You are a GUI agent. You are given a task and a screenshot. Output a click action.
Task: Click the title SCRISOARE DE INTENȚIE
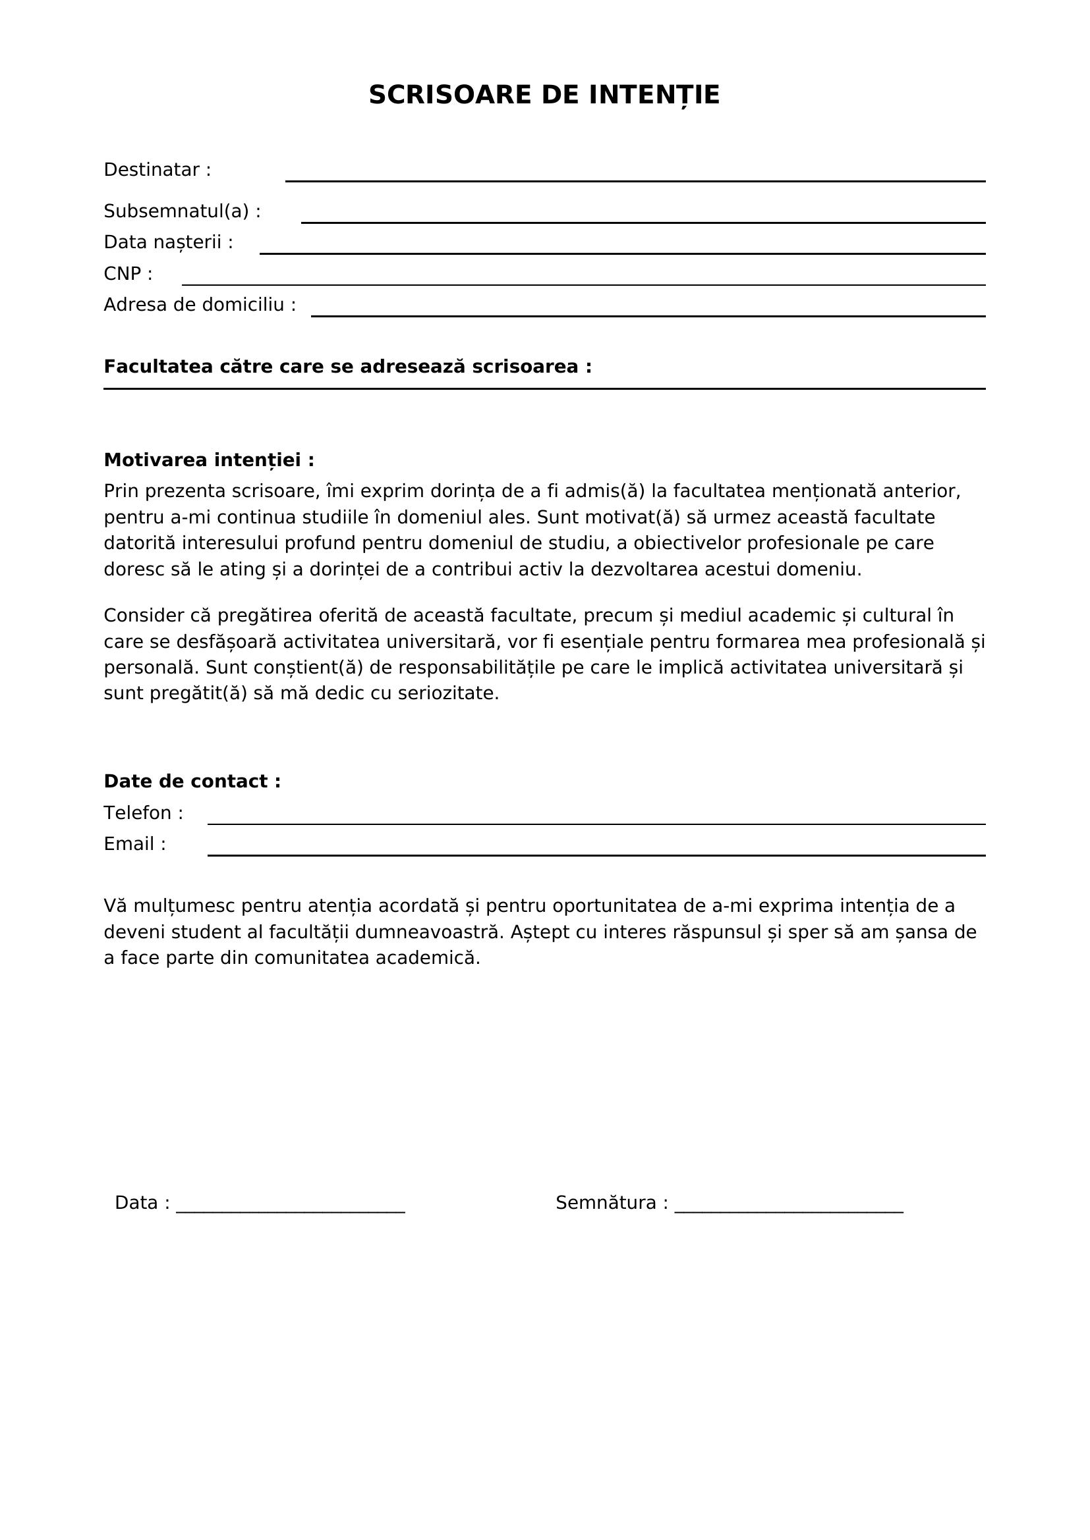pos(544,95)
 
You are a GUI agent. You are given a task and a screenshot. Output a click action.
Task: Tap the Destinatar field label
pos(157,170)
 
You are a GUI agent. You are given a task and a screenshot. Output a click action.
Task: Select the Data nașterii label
pos(168,242)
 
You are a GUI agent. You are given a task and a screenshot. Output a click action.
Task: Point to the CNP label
pos(128,274)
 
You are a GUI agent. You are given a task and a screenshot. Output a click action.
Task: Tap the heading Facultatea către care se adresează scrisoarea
pos(348,367)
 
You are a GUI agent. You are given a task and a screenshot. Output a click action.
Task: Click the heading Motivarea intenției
pos(209,460)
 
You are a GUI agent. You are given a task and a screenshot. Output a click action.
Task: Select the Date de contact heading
pos(192,782)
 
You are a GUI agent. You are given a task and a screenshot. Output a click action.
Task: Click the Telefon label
pos(143,813)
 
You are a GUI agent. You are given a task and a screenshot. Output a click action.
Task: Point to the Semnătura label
pos(612,1203)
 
